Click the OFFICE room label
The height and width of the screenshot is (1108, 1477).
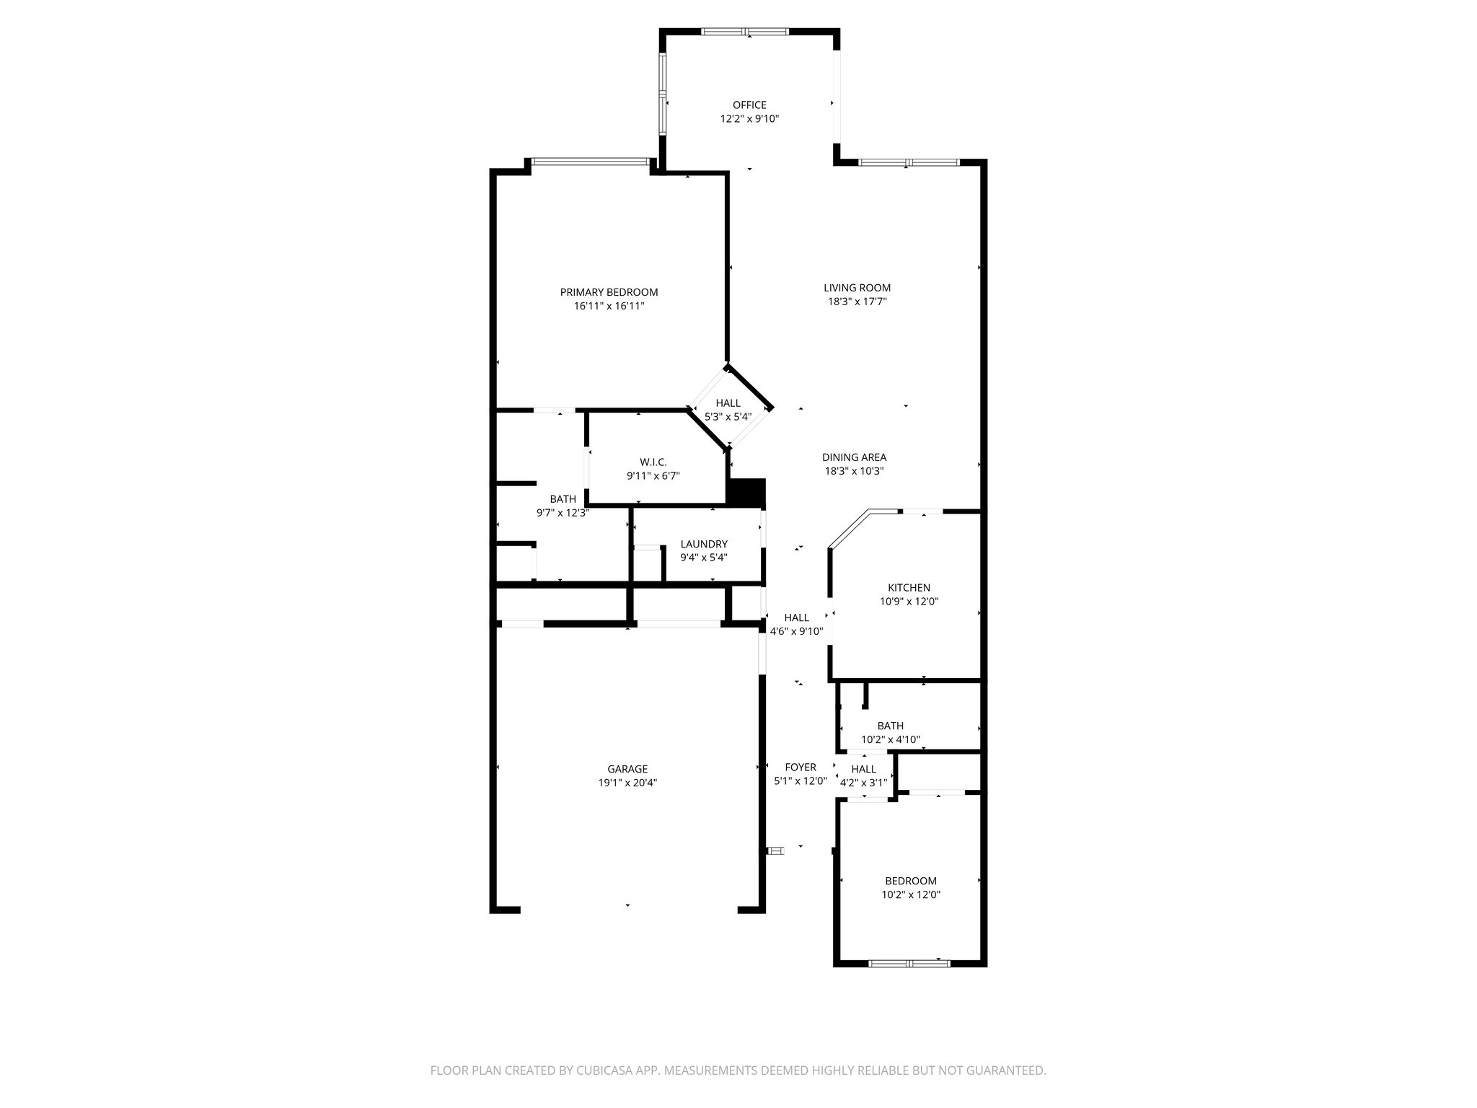pos(749,105)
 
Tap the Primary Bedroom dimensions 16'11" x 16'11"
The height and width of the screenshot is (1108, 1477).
pos(609,306)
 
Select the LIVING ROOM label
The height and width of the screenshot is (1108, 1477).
pos(857,288)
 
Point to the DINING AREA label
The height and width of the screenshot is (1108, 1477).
pos(854,457)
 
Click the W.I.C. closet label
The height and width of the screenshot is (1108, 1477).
pos(653,462)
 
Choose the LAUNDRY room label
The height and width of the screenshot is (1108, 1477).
pos(704,544)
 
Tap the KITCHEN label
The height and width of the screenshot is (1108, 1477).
pos(909,588)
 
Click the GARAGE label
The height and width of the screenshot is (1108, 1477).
pos(627,769)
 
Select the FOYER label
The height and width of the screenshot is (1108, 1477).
pos(800,768)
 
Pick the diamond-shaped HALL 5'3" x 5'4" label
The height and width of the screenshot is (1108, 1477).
pos(728,403)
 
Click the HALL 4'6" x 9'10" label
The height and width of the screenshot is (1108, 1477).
pos(796,617)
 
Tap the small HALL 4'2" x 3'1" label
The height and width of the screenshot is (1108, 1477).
pos(863,769)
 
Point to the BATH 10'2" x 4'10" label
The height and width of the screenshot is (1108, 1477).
pos(890,726)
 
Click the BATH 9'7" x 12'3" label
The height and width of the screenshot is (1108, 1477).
pos(563,499)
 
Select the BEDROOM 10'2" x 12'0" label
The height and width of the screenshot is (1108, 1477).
pos(911,881)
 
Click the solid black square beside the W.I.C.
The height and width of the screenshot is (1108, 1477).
pos(747,493)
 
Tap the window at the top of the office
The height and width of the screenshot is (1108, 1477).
pos(745,32)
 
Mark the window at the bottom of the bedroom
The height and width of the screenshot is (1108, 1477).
pos(909,963)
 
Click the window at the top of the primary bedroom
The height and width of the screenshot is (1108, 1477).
pos(590,162)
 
